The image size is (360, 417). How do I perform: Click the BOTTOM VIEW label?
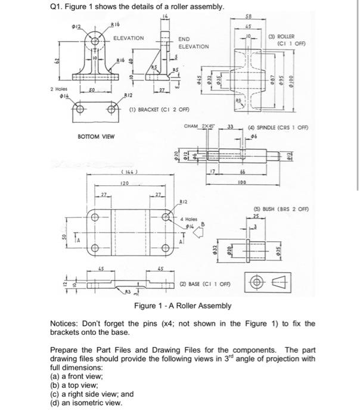tap(96, 136)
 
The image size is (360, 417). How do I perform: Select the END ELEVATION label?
tap(194, 42)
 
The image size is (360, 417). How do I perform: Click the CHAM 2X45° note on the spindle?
tap(200, 126)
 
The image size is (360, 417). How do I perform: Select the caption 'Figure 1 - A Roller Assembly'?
tap(183, 306)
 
